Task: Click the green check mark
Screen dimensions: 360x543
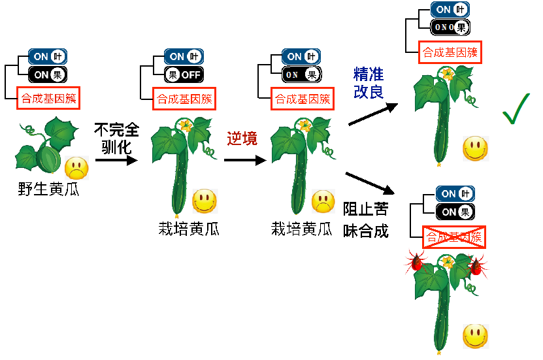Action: (516, 109)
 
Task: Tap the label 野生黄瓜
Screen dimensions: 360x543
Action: (49, 190)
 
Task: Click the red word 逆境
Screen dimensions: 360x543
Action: (242, 139)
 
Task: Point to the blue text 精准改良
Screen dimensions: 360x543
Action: (369, 82)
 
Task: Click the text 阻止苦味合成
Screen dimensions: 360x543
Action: (366, 220)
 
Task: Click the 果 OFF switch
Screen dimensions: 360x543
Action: (184, 74)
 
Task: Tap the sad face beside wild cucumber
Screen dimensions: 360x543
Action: (76, 168)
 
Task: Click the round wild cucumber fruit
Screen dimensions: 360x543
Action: (47, 157)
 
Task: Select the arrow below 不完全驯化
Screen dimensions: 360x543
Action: (116, 159)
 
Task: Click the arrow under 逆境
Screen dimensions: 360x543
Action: (243, 159)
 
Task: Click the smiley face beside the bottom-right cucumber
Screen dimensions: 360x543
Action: (475, 336)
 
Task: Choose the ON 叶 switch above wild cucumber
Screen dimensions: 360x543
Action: (48, 57)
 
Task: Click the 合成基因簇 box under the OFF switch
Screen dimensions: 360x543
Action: (184, 99)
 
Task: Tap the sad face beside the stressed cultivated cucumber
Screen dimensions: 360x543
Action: (323, 201)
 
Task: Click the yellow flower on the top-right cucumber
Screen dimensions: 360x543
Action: (448, 74)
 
